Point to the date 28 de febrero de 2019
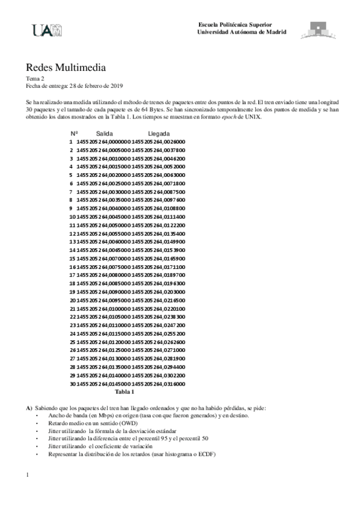pos(96,86)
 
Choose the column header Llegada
pos(159,134)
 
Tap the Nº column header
pos(74,134)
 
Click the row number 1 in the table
pos(71,141)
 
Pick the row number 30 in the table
pos(72,383)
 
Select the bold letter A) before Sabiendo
pos(29,408)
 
